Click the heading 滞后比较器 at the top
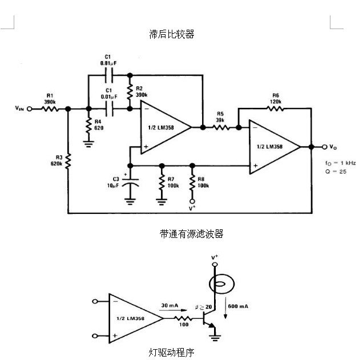pos(171,34)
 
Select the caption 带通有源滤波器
pos(191,234)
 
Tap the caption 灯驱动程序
pos(171,352)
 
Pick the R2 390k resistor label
pos(140,90)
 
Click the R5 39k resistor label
pos(220,118)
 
